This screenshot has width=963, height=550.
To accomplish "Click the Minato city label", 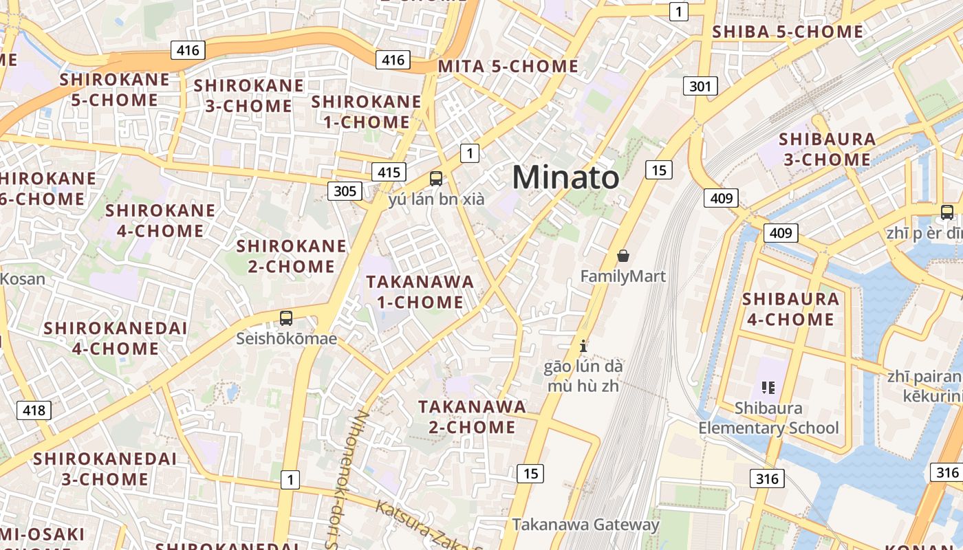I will [x=565, y=177].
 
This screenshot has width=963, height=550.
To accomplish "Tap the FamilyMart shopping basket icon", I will [x=623, y=256].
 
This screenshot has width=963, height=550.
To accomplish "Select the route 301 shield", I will [x=700, y=86].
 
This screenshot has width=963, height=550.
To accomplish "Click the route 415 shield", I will [x=389, y=171].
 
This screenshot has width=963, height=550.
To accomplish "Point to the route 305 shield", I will [x=345, y=190].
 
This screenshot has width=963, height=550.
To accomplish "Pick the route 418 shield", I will [x=34, y=410].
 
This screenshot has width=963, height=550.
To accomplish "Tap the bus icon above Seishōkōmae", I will [x=286, y=318].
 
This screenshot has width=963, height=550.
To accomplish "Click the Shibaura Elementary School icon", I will [x=768, y=388].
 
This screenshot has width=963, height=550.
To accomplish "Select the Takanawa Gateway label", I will [x=585, y=525].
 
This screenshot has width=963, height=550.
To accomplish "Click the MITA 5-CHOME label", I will [x=508, y=67].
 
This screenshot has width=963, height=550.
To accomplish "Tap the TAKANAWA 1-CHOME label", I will [x=420, y=291].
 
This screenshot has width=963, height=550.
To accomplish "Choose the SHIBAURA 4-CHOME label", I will [x=790, y=309].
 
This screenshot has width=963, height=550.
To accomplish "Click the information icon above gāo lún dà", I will [x=583, y=345].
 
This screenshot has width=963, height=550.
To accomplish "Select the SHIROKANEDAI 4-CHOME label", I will [x=116, y=338].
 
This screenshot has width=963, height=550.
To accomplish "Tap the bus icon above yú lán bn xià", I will [x=436, y=179].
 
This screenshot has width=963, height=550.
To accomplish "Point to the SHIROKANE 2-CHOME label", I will [x=292, y=256].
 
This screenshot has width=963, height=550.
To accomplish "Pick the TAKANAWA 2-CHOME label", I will [x=472, y=417].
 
